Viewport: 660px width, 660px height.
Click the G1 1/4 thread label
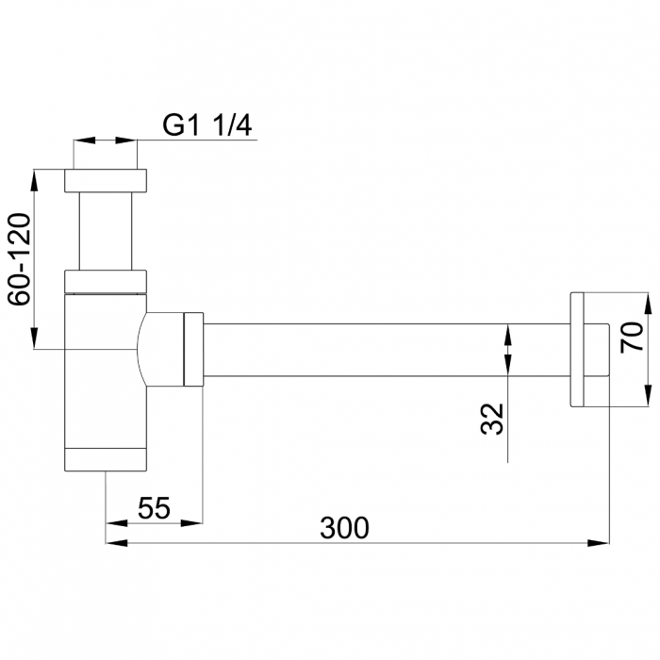pyautogui.click(x=206, y=125)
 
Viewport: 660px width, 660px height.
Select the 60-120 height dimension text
pyautogui.click(x=21, y=258)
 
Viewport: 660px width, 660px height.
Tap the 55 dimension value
pyautogui.click(x=154, y=508)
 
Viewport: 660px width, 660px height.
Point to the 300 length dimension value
pyautogui.click(x=344, y=529)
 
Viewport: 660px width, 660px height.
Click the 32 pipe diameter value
pyautogui.click(x=491, y=418)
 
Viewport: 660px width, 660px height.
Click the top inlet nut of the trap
pyautogui.click(x=106, y=180)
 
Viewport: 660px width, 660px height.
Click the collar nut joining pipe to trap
pyautogui.click(x=192, y=349)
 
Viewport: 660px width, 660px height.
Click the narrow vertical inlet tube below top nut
pyautogui.click(x=106, y=231)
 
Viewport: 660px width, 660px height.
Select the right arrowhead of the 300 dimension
pyautogui.click(x=600, y=543)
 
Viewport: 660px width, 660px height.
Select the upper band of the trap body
pyautogui.click(x=106, y=282)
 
